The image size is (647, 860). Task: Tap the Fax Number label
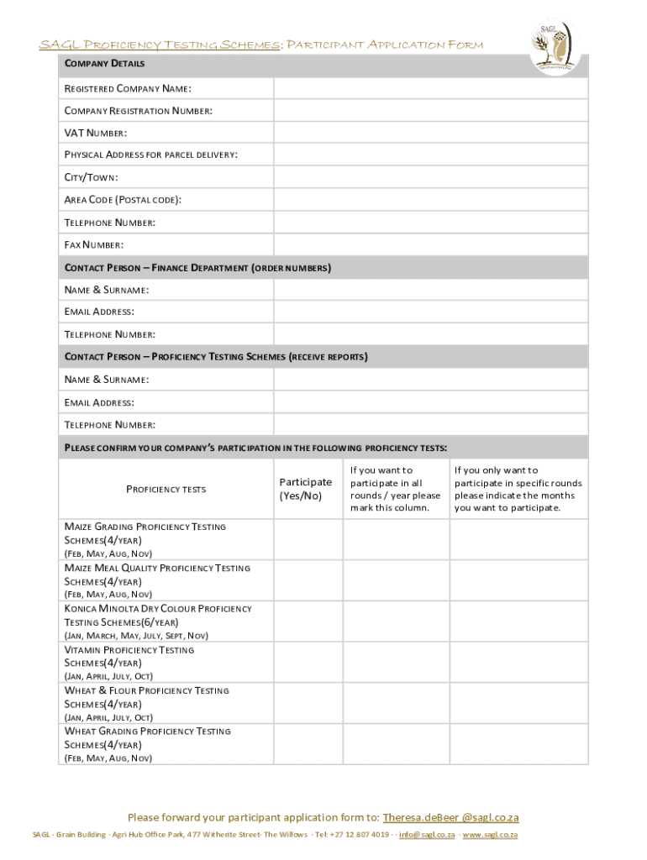click(94, 245)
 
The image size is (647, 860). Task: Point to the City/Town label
click(92, 178)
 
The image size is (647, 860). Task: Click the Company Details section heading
click(105, 64)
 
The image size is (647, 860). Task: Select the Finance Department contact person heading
click(198, 268)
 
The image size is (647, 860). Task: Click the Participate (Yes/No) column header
click(306, 489)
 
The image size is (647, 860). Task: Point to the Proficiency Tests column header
click(166, 489)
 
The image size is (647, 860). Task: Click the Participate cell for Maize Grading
click(306, 539)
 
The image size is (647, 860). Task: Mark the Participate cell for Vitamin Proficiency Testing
click(306, 663)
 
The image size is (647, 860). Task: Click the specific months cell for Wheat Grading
click(518, 744)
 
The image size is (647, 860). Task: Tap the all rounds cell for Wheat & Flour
click(395, 704)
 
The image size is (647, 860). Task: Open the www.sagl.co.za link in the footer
click(490, 835)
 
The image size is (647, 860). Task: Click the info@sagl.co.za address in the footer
click(427, 835)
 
